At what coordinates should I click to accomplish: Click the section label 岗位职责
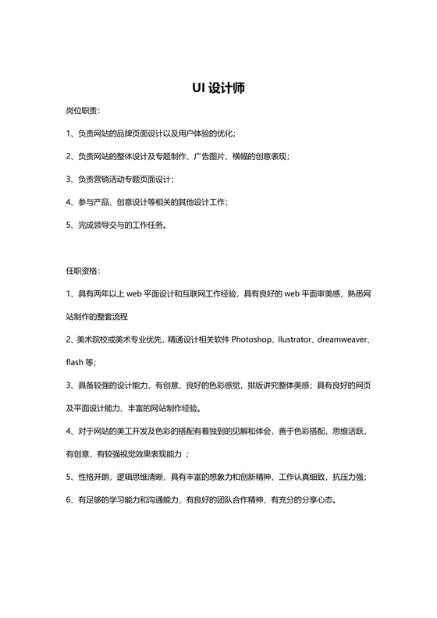pos(82,112)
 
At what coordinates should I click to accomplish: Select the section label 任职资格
pos(82,271)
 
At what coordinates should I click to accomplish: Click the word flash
pos(76,362)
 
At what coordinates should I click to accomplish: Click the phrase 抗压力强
pos(350,476)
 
